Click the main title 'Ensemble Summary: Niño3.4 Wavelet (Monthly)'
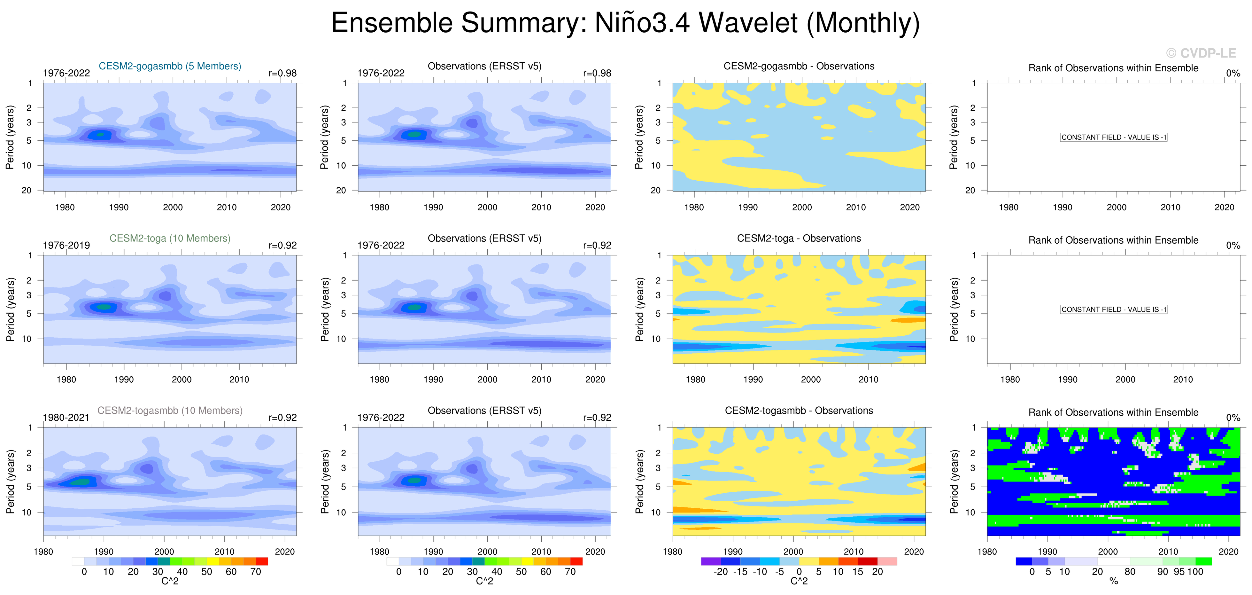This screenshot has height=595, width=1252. (x=625, y=23)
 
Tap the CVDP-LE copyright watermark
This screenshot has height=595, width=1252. (x=1201, y=53)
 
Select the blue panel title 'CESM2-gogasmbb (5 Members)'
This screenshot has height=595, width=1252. (x=170, y=66)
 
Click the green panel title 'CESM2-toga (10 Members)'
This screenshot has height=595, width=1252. (x=170, y=238)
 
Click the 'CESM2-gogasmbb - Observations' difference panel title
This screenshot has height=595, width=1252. (x=799, y=66)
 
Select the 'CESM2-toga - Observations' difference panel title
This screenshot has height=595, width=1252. (x=799, y=238)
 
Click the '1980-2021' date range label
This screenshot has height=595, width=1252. (x=66, y=418)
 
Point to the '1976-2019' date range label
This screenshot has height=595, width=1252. (x=66, y=246)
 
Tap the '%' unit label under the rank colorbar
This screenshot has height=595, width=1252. (x=1114, y=581)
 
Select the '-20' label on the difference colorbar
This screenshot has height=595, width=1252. (x=720, y=572)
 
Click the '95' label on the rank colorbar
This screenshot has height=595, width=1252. (x=1179, y=572)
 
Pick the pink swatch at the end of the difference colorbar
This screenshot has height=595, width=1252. (x=887, y=561)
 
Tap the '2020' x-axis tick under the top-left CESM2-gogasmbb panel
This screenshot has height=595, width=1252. (x=281, y=207)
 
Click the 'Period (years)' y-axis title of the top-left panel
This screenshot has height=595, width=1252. (x=10, y=137)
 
